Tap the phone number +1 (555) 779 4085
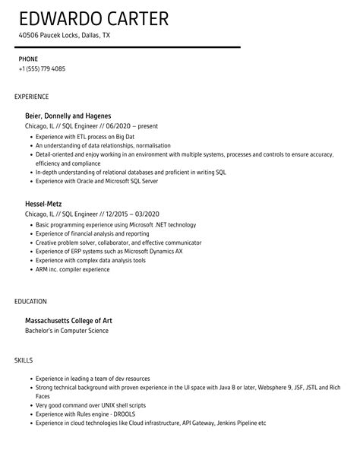(x=42, y=68)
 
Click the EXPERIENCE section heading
(x=32, y=97)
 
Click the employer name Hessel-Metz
(x=49, y=204)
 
